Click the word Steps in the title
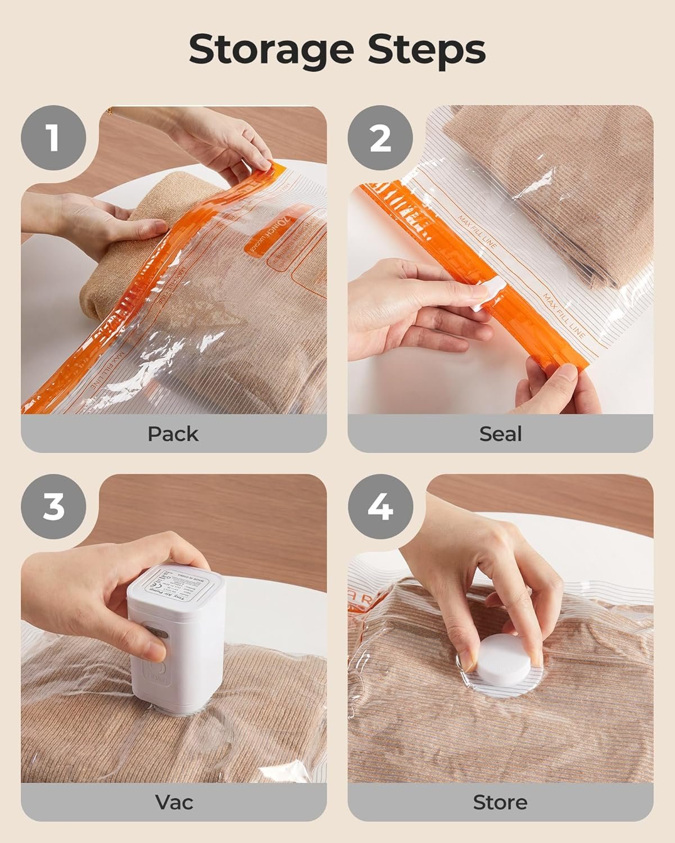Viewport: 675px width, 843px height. coord(427,51)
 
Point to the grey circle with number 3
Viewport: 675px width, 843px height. coord(53,506)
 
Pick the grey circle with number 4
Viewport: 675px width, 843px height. coord(380,506)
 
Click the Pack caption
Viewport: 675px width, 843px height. coord(173,434)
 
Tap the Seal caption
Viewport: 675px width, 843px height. coord(500,434)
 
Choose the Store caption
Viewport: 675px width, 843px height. coord(500,802)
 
